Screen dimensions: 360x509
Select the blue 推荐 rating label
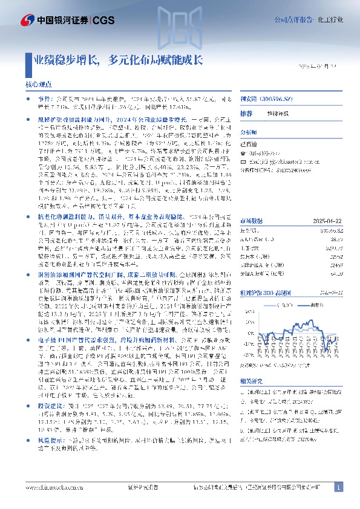pyautogui.click(x=246, y=113)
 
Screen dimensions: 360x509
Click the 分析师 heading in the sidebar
pyautogui.click(x=249, y=130)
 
